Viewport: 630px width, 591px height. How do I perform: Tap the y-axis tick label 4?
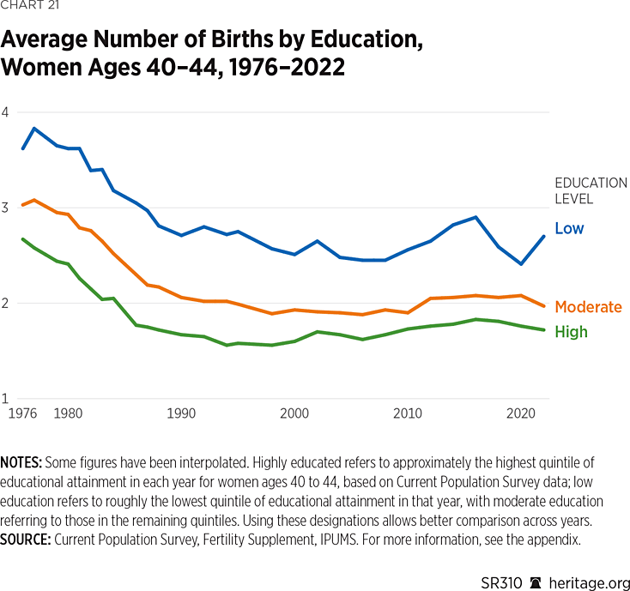coord(5,112)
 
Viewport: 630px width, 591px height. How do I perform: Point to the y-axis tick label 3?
coord(5,208)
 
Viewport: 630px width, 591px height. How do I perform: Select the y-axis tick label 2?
coord(5,303)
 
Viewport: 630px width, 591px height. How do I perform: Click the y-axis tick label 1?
coord(5,398)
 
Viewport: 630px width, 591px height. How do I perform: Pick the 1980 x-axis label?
coord(68,413)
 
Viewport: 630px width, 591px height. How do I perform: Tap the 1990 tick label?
coord(181,413)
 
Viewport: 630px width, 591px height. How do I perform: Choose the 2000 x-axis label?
coord(294,413)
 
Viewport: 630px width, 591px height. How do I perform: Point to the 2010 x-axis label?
coord(408,413)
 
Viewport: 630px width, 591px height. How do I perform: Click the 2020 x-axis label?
coord(521,413)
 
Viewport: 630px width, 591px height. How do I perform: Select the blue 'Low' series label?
coord(569,228)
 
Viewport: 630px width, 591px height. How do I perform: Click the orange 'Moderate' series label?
coord(588,307)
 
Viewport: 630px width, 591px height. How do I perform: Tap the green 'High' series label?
coord(571,332)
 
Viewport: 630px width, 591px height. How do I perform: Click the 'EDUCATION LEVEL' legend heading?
coord(591,190)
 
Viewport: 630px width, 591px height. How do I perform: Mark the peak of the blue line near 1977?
coord(33,129)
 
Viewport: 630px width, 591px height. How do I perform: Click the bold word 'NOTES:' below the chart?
coord(23,462)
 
